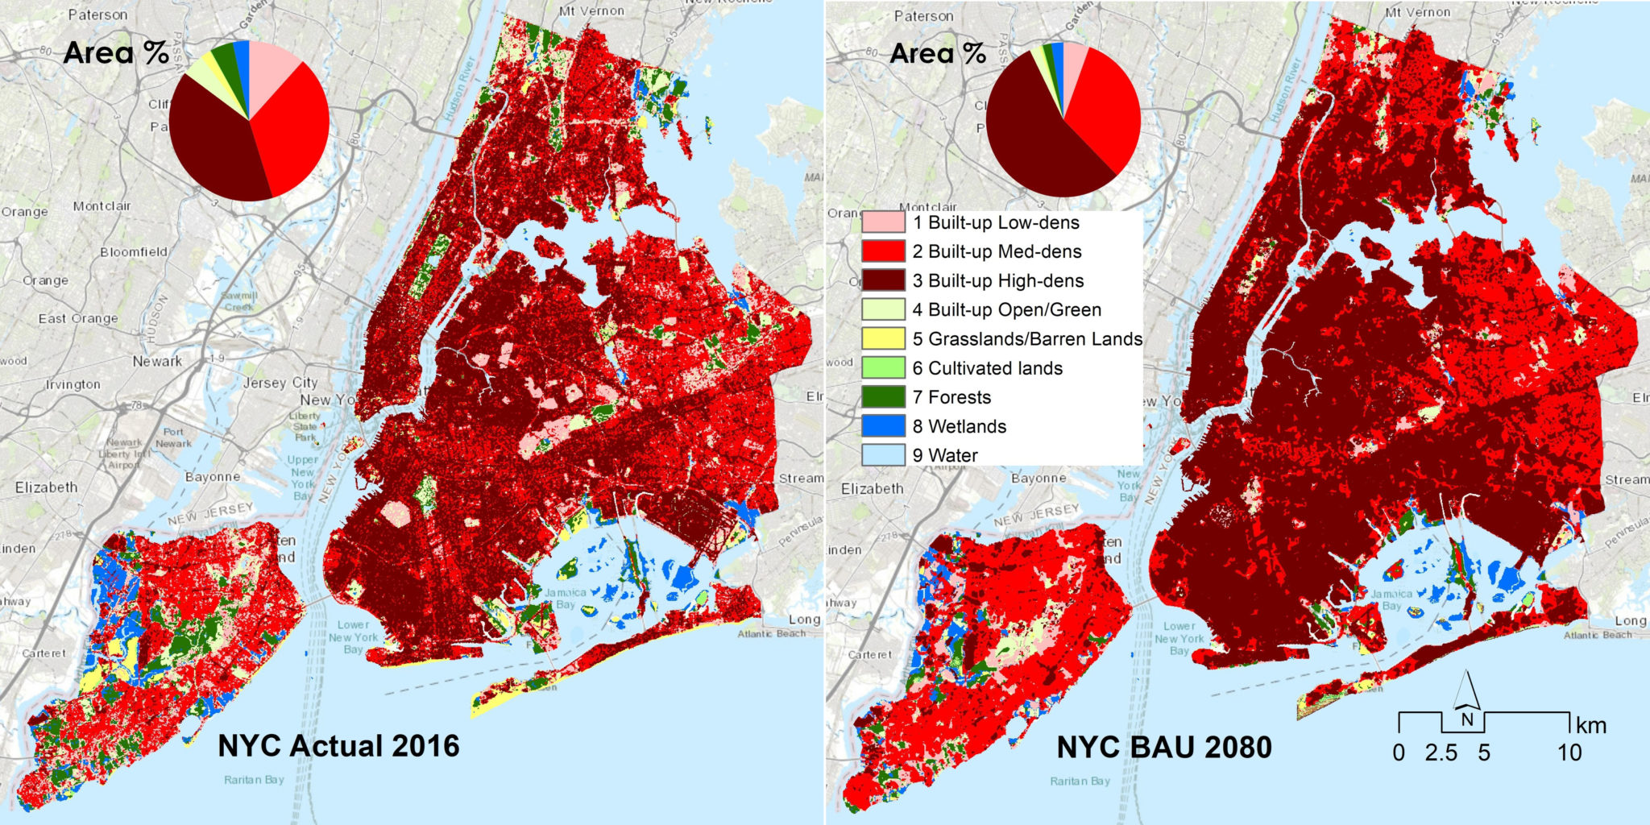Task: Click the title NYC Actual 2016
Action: point(338,745)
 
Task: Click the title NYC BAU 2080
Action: point(1164,747)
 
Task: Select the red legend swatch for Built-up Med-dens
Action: point(883,251)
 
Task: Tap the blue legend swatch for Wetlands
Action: point(883,426)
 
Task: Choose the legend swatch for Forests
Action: point(883,397)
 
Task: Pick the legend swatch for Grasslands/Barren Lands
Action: point(883,339)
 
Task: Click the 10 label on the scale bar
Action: point(1569,752)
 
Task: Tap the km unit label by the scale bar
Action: point(1590,725)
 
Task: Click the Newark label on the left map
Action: point(157,361)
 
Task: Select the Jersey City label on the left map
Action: point(280,383)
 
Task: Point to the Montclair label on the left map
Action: point(103,206)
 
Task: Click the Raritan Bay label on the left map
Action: point(254,779)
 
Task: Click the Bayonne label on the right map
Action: point(1039,478)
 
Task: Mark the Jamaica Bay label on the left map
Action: point(565,598)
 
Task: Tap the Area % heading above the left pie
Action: point(115,53)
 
